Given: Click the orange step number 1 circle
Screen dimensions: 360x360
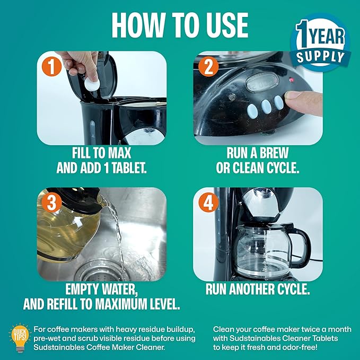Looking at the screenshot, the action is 51,66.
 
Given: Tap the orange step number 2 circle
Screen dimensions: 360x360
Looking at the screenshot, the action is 208,66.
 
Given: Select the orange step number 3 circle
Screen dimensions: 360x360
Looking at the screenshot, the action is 51,203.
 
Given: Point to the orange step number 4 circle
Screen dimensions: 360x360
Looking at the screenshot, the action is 208,203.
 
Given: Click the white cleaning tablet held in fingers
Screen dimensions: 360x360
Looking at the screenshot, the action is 92,84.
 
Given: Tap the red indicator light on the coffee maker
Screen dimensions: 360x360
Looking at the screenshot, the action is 292,80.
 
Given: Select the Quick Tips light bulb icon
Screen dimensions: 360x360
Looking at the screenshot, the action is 20,338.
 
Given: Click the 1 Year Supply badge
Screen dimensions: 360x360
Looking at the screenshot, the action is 321,43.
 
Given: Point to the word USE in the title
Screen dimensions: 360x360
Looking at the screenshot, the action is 227,25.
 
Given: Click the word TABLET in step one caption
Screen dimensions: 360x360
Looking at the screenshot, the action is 129,168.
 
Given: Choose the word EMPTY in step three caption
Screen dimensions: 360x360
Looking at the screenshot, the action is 81,289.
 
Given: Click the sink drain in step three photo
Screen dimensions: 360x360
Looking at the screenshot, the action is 101,271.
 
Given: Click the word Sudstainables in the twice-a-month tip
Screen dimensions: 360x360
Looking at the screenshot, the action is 253,338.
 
